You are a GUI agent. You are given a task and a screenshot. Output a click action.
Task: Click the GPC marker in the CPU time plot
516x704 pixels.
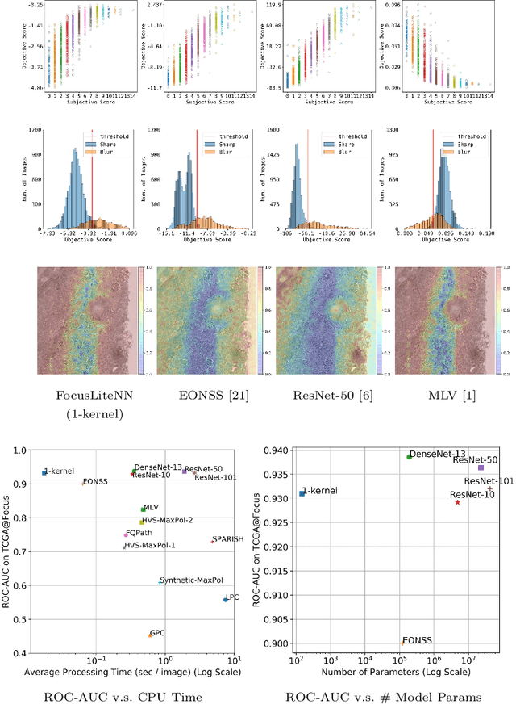click(149, 635)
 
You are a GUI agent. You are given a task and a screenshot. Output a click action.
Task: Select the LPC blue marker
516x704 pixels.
click(225, 599)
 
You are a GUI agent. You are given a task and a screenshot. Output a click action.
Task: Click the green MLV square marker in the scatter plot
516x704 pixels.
click(143, 509)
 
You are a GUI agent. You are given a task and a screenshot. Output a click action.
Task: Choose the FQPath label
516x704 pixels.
click(139, 534)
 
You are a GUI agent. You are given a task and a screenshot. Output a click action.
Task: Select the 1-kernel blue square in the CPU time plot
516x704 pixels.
click(44, 472)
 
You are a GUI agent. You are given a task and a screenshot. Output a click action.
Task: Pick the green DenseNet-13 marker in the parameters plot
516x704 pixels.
click(409, 457)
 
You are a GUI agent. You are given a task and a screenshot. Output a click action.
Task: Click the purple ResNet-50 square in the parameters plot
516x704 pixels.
click(481, 467)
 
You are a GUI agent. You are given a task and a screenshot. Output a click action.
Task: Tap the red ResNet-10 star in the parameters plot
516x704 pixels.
click(457, 502)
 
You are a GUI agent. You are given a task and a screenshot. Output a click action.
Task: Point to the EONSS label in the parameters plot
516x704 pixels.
click(418, 639)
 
